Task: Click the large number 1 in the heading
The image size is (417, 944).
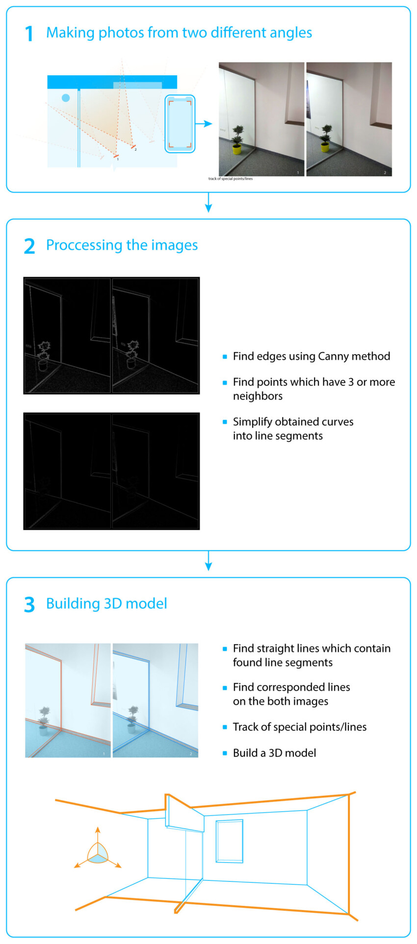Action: [29, 34]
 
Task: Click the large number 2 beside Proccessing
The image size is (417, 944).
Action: [29, 246]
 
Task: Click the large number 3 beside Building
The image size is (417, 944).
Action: [29, 604]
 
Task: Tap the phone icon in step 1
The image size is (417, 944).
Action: [180, 124]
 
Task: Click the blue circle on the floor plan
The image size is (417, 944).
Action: [66, 98]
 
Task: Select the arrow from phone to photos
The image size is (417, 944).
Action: [204, 124]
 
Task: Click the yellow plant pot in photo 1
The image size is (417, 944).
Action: [237, 149]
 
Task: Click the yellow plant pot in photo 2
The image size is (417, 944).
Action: [325, 146]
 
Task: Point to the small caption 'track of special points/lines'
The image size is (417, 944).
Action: [231, 179]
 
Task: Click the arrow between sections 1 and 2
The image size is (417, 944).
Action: [208, 203]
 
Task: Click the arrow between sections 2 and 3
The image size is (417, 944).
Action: [208, 561]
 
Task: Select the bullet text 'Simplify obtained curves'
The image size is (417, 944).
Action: [293, 422]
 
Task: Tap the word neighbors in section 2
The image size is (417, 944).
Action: [258, 396]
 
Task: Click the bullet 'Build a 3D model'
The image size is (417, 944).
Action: [274, 753]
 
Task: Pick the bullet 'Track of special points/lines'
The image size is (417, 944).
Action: [299, 727]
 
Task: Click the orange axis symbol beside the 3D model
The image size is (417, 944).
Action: [98, 854]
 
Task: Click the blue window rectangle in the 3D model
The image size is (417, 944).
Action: [230, 841]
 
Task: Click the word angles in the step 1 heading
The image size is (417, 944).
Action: [292, 33]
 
